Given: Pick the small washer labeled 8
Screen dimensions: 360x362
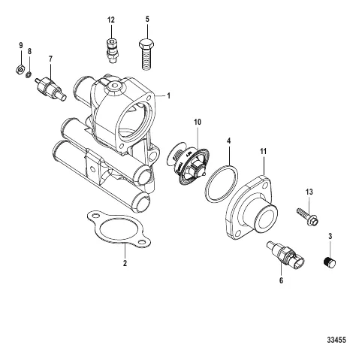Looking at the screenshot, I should [x=29, y=75].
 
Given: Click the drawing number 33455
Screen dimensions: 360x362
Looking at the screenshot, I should [x=336, y=340].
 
